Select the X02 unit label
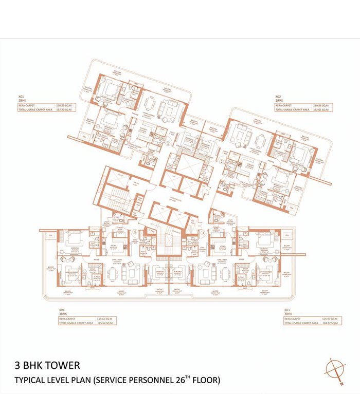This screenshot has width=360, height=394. point(278,96)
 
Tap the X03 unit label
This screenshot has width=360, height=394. point(287,310)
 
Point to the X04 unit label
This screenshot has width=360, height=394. point(62,310)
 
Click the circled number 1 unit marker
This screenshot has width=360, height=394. point(168,144)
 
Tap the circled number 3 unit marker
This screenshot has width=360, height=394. point(204,232)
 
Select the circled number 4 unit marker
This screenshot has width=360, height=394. point(135,232)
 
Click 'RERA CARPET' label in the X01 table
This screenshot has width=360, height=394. point(28,105)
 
